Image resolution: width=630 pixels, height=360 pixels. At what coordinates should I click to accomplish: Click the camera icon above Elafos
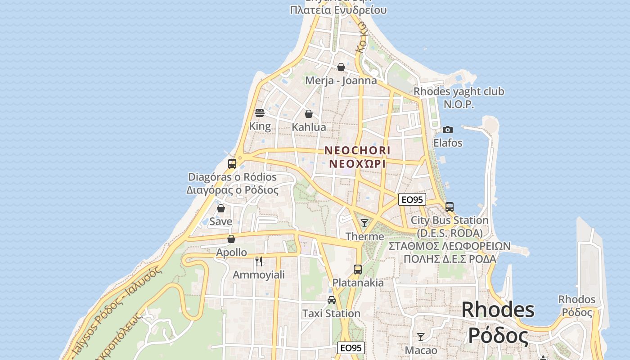[x=447, y=130]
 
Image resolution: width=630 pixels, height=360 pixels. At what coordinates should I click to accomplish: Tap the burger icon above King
[x=260, y=112]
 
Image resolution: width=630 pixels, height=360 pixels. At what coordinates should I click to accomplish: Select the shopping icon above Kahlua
[x=309, y=114]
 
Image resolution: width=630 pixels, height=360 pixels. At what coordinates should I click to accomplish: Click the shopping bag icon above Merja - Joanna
[x=341, y=67]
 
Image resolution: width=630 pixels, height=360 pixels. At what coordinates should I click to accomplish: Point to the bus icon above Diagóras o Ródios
[x=232, y=163]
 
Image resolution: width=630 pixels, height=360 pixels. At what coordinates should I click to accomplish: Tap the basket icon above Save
[x=221, y=208]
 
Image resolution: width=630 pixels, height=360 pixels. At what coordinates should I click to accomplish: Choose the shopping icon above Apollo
[x=231, y=239]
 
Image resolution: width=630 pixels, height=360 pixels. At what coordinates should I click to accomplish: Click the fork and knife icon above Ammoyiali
[x=259, y=261]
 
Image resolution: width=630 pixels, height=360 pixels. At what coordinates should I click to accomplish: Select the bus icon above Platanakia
[x=358, y=270]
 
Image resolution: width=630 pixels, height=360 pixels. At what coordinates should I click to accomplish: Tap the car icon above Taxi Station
[x=332, y=300]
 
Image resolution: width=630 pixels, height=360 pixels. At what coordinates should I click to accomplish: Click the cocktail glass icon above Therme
[x=364, y=223]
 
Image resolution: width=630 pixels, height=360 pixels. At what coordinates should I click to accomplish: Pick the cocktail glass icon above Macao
[x=421, y=337]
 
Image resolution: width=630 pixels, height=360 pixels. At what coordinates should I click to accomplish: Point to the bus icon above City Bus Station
[x=450, y=207]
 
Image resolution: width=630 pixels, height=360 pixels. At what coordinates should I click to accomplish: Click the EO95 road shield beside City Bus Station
[x=412, y=199]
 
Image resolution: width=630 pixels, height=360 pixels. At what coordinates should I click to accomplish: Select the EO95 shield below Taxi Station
[x=351, y=348]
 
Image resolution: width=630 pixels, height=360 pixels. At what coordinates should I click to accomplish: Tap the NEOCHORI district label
[x=357, y=150]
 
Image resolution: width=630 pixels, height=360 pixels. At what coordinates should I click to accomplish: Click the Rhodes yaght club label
[x=459, y=91]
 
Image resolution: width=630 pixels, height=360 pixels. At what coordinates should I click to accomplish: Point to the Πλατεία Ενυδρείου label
[x=338, y=10]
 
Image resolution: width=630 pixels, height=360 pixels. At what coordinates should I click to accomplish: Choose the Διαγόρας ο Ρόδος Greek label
[x=232, y=190]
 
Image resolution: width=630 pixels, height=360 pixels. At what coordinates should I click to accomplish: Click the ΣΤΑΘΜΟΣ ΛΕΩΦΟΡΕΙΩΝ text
[x=450, y=246]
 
